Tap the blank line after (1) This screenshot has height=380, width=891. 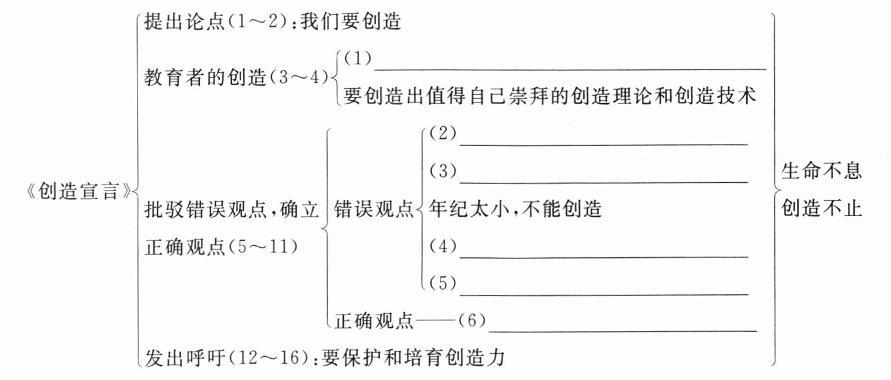[x=569, y=68]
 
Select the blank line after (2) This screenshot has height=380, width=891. [x=603, y=144]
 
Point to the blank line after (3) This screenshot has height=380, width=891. [x=603, y=181]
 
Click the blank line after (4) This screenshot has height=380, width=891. [x=603, y=257]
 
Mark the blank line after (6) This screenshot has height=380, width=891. [x=622, y=331]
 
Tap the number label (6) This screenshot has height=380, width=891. [x=471, y=322]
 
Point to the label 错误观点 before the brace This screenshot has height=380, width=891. [x=374, y=210]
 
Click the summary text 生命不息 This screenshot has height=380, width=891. [x=821, y=172]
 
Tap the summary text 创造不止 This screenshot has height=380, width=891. [x=821, y=209]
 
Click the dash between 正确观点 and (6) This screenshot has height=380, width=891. [x=437, y=322]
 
